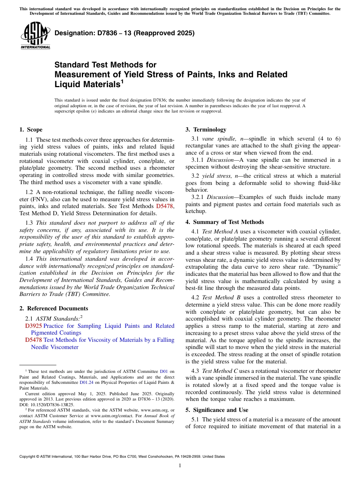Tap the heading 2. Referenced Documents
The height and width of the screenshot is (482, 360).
tap(53, 308)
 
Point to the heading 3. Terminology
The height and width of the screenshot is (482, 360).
tap(206, 130)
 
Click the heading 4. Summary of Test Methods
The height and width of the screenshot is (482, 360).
tap(225, 222)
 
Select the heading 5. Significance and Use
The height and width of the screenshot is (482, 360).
tap(217, 410)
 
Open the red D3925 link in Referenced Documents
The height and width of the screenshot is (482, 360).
tap(33, 326)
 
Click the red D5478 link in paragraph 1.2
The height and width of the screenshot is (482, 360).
tap(165, 207)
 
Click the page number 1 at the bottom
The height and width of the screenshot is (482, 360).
tap(180, 466)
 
